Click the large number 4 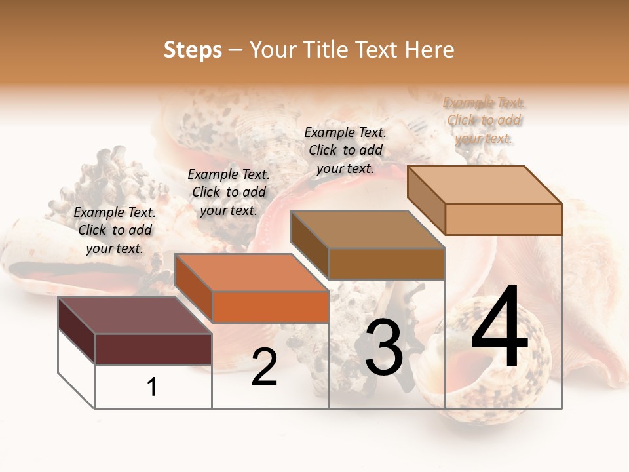click(499, 328)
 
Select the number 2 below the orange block click(264, 367)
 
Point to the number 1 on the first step click(152, 387)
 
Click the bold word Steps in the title click(193, 50)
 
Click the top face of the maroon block click(134, 315)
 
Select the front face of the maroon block click(153, 349)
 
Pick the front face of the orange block click(271, 307)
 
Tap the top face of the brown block click(368, 229)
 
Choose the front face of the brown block click(387, 264)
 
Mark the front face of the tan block click(503, 219)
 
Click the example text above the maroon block click(115, 230)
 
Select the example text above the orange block click(229, 192)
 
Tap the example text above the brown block click(345, 150)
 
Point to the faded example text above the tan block click(484, 120)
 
